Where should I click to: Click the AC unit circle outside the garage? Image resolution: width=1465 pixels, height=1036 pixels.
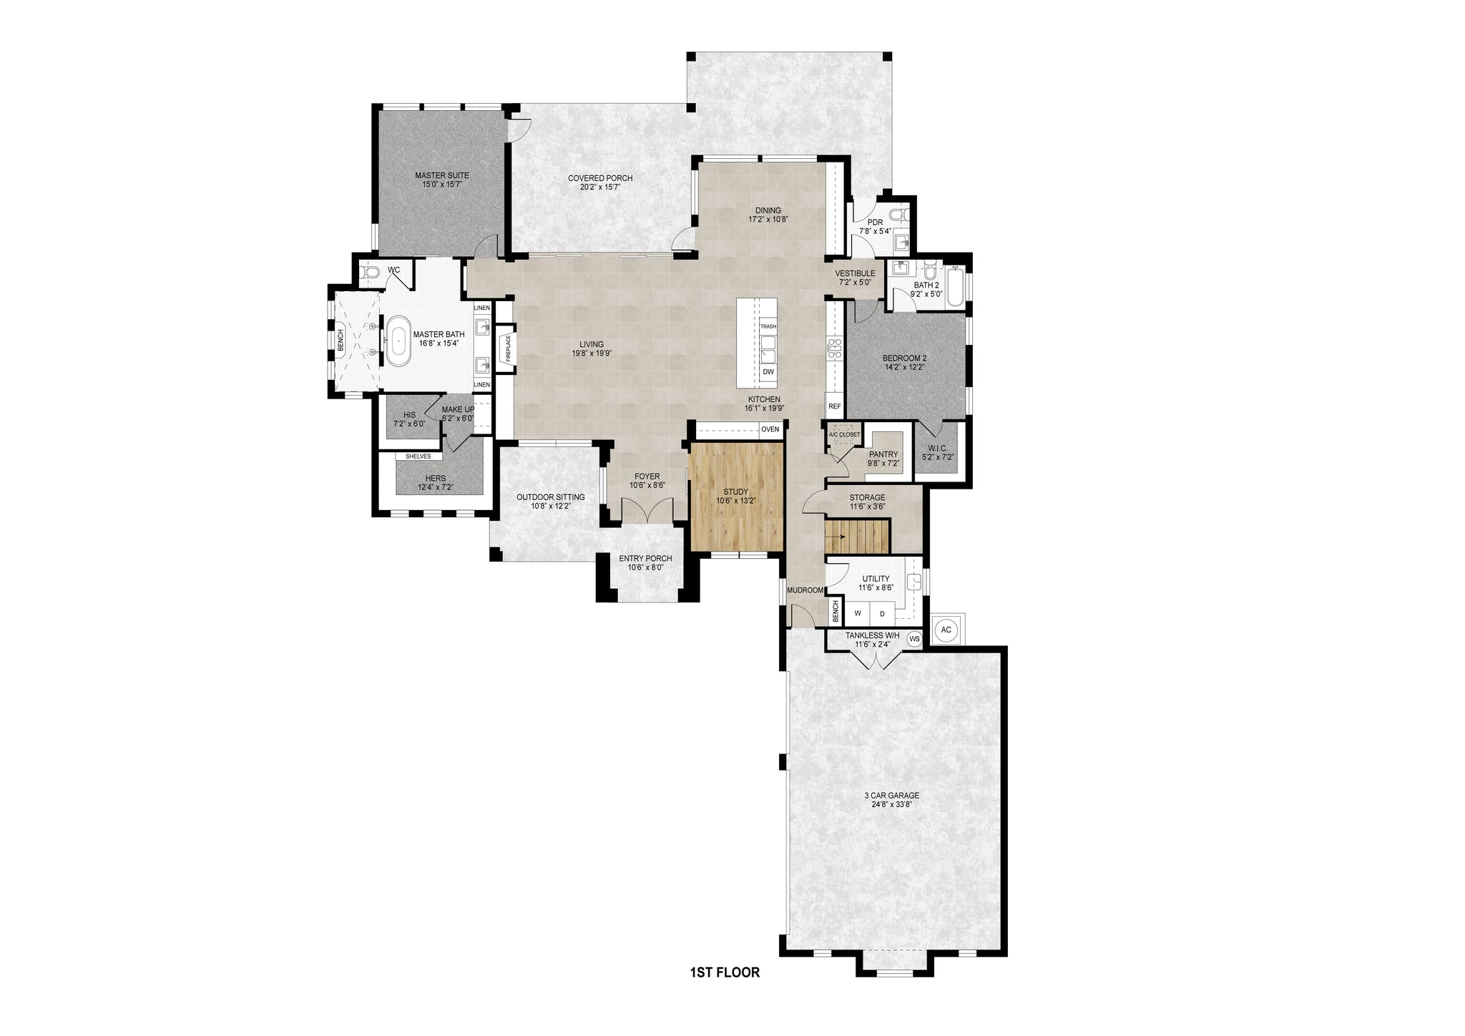(x=946, y=630)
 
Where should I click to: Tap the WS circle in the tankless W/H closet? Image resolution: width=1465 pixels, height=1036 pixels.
(x=914, y=638)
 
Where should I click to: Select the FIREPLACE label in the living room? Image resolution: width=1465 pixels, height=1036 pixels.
(x=509, y=348)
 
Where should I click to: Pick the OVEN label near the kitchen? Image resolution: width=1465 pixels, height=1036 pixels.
(x=770, y=429)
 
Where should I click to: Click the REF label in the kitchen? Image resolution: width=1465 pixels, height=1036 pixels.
(x=834, y=406)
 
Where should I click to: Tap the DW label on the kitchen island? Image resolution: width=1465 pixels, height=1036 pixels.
(x=768, y=372)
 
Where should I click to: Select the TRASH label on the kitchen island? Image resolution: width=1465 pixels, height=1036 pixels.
(x=768, y=326)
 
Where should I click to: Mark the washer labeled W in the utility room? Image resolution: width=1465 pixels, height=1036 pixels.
(x=857, y=614)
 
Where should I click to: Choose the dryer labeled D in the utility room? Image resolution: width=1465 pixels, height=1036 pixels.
(x=882, y=614)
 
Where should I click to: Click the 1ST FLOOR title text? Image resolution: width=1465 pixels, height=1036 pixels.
(x=725, y=972)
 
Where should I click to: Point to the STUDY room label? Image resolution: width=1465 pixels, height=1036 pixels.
(x=735, y=492)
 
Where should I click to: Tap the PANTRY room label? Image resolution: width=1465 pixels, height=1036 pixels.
(x=883, y=454)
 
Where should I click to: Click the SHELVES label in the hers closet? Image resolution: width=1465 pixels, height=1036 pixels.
(x=418, y=456)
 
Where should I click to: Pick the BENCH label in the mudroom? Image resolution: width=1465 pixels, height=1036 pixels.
(x=835, y=611)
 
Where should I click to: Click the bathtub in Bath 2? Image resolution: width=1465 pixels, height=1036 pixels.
(x=954, y=286)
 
